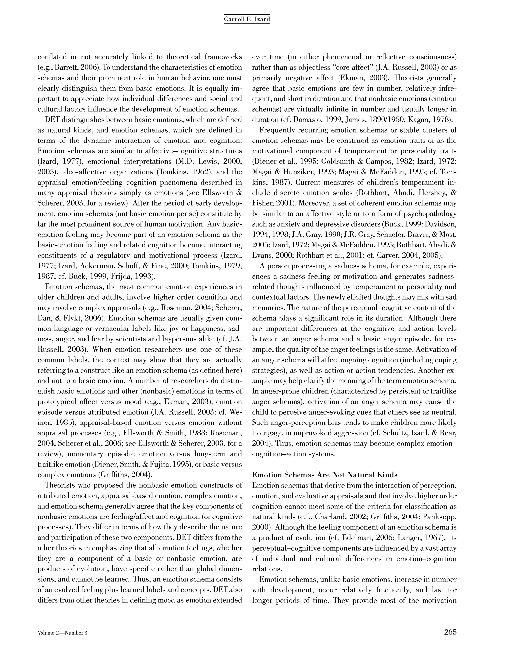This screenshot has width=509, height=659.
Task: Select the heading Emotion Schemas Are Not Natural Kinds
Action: coord(324,475)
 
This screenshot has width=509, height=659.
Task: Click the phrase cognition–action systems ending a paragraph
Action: coord(294,454)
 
